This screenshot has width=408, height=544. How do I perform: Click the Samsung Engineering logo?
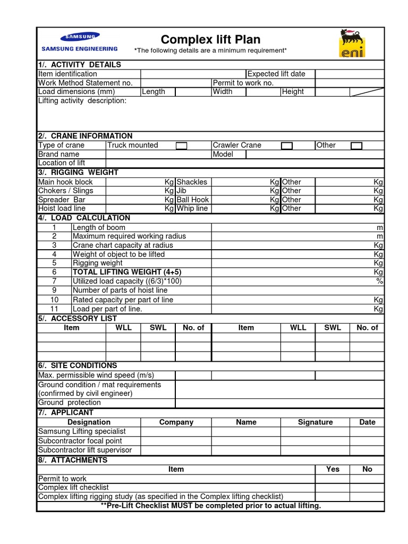tap(79, 42)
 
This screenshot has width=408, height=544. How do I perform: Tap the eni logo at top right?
tap(352, 43)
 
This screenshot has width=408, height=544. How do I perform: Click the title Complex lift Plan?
tap(210, 40)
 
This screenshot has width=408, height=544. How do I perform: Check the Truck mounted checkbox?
tap(181, 146)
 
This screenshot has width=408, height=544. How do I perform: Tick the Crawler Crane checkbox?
tap(287, 146)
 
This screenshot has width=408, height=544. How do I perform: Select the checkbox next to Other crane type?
tap(356, 146)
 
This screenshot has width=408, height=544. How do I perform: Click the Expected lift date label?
tap(276, 74)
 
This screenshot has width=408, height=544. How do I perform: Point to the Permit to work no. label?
tap(243, 83)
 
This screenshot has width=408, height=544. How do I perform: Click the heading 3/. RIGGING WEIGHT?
tap(78, 172)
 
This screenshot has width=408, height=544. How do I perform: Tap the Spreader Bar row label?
tap(62, 200)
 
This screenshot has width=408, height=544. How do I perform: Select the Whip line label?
tap(192, 209)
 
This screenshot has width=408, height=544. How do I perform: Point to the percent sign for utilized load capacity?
tap(379, 281)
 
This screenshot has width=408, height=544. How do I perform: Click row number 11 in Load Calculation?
tap(54, 309)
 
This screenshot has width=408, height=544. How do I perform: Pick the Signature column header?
tap(315, 422)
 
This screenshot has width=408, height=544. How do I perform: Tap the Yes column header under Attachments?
tap(333, 469)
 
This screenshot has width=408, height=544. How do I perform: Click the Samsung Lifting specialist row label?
tap(82, 431)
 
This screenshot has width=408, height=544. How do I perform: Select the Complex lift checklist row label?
tap(73, 487)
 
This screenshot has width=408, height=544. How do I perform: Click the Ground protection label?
tap(70, 403)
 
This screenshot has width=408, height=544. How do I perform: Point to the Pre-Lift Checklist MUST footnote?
tap(211, 505)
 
